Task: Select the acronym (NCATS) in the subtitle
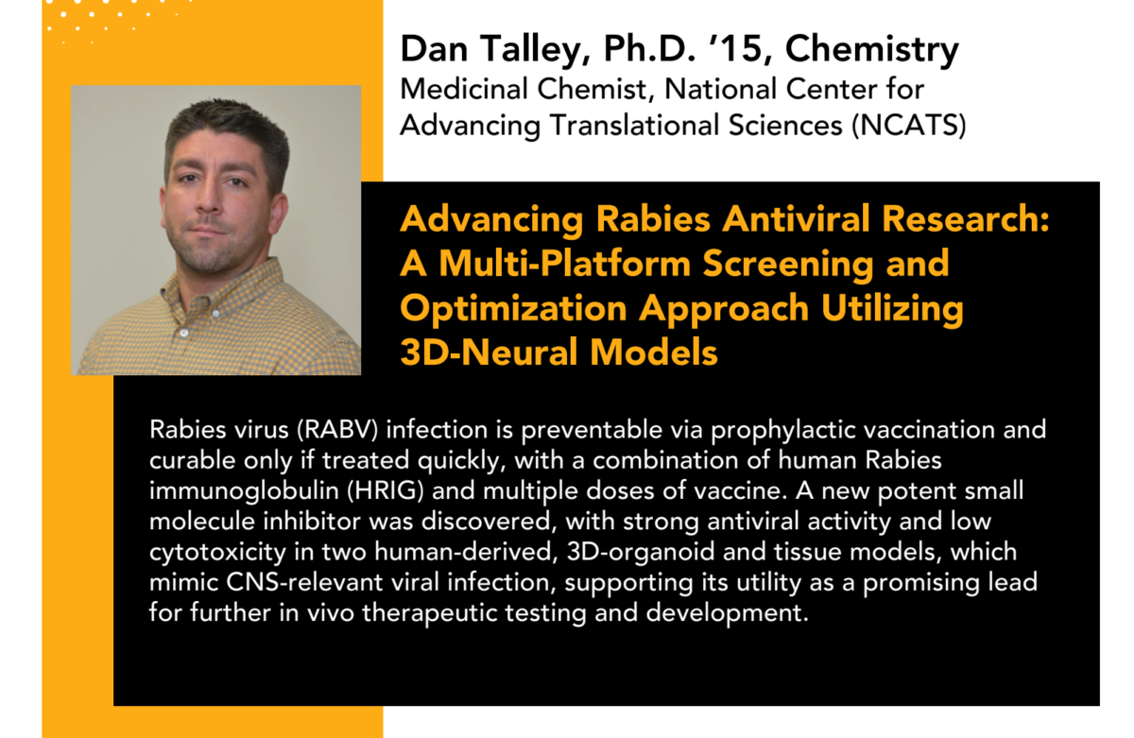[x=909, y=125]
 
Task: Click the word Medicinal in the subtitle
[x=463, y=89]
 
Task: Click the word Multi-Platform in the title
[x=564, y=264]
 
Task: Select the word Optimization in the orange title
[x=513, y=309]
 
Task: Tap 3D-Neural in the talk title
[x=490, y=352]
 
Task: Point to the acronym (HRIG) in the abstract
[x=386, y=491]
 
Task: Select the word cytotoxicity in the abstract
[x=217, y=553]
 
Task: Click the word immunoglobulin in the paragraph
[x=244, y=492]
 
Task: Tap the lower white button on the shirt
[x=184, y=333]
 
